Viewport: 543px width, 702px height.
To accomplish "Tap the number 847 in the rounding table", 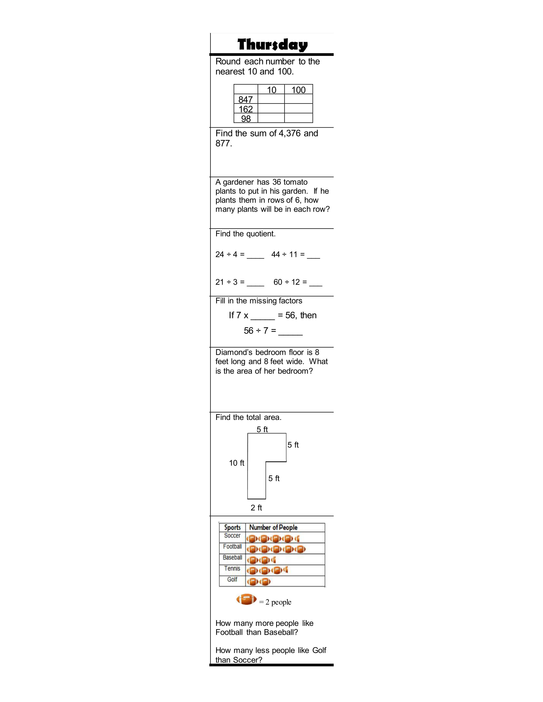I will click(246, 99).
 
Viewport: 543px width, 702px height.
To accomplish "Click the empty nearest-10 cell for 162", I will click(271, 109).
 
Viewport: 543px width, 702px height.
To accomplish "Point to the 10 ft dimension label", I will click(236, 463).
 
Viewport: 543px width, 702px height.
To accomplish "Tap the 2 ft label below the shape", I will click(256, 508).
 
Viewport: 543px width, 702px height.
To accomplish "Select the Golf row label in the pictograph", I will click(232, 579).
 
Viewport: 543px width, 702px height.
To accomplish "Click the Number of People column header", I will click(273, 528).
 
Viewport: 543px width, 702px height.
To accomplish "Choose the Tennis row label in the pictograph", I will click(232, 569).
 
